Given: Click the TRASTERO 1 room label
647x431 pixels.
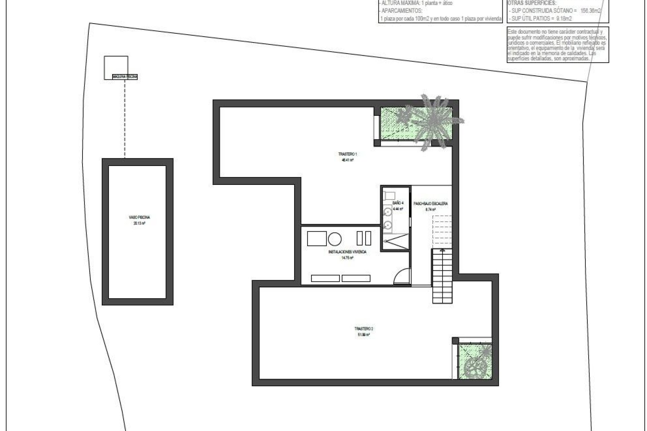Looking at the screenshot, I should click(x=347, y=154).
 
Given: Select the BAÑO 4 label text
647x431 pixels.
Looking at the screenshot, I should click(x=398, y=203).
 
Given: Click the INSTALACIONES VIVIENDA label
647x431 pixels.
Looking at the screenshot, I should click(x=347, y=252).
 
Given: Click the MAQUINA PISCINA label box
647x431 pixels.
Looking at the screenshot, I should click(x=125, y=77).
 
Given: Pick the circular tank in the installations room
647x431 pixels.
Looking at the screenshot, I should click(x=335, y=239).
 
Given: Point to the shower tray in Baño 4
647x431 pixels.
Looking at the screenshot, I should click(x=395, y=242).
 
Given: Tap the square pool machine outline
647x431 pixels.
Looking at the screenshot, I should click(x=116, y=65).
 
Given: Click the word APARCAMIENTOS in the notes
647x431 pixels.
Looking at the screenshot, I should click(x=401, y=10).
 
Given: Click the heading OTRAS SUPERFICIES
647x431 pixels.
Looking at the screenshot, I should click(x=532, y=3).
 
